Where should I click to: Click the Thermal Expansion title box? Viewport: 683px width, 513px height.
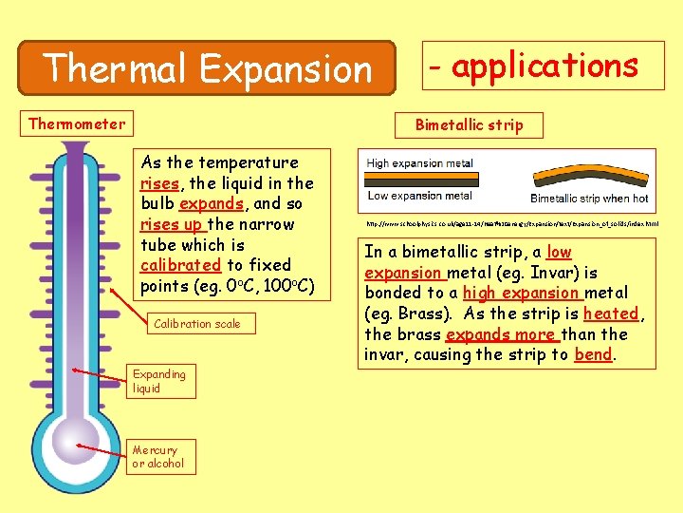coord(208,67)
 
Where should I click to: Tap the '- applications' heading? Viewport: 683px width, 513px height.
coord(544,66)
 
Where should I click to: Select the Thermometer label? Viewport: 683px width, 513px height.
coord(77,123)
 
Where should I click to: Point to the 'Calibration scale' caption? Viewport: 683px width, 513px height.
coord(197,324)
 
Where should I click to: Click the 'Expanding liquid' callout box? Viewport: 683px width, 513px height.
coord(159,380)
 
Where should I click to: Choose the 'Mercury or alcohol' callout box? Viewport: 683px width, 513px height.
coord(158,457)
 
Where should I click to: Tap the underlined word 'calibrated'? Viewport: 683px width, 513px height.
coord(180,265)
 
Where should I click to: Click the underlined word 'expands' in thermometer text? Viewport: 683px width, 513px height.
coord(211,203)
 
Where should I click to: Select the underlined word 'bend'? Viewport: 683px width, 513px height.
coord(594,354)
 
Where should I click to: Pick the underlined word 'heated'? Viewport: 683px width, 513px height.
coord(611,313)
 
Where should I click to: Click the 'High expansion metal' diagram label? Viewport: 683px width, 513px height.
coord(419,163)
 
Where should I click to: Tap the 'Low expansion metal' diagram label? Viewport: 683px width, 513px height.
coord(419,196)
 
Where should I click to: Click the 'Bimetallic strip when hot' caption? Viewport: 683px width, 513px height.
coord(589,199)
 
